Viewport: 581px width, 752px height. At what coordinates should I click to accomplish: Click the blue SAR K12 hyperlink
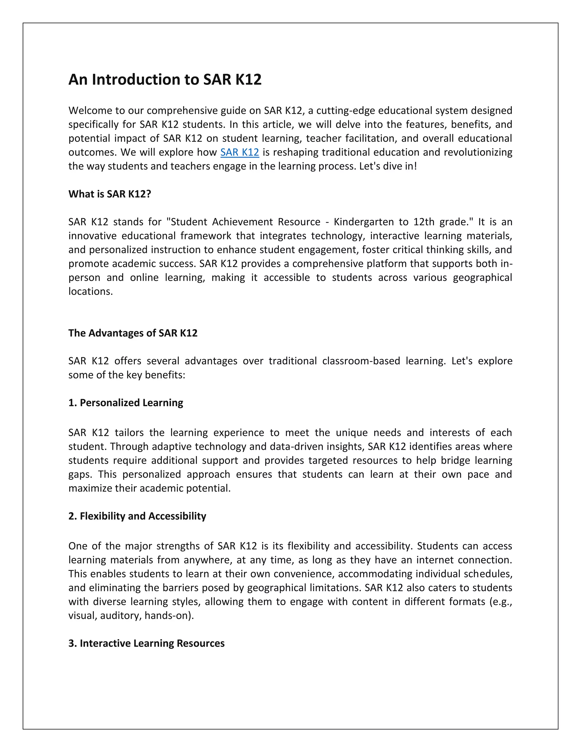pos(239,152)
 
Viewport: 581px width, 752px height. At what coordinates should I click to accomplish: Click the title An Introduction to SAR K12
pos(165,79)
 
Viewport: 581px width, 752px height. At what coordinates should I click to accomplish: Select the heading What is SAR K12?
pos(110,194)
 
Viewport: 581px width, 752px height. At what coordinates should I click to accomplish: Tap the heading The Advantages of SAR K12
pos(133,333)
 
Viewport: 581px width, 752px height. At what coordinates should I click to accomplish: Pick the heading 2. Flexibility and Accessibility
pos(137,516)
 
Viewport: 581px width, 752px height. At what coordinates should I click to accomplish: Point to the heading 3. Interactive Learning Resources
pos(146,643)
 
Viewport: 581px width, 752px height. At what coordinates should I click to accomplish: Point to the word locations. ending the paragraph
pos(90,291)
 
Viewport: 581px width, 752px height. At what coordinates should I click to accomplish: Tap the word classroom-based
pos(361,361)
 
